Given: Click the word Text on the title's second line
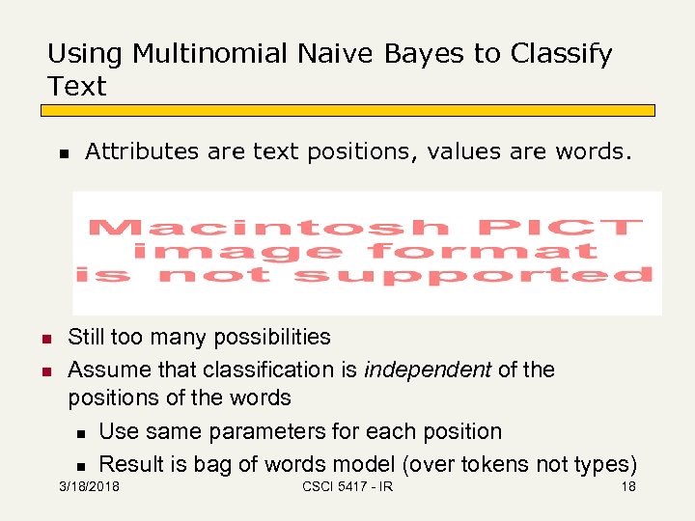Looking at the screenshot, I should click(x=76, y=87).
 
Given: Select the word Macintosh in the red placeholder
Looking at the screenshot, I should click(x=269, y=229).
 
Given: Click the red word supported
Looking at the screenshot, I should click(x=472, y=276).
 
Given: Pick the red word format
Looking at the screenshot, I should click(x=482, y=252).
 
